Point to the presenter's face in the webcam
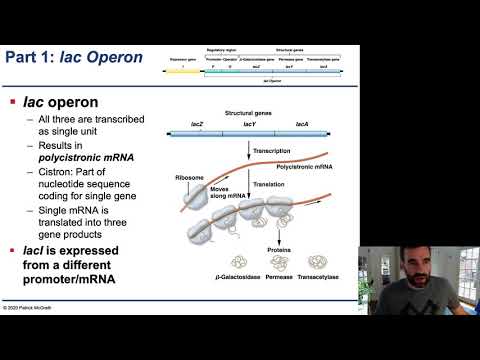point(420,270)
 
